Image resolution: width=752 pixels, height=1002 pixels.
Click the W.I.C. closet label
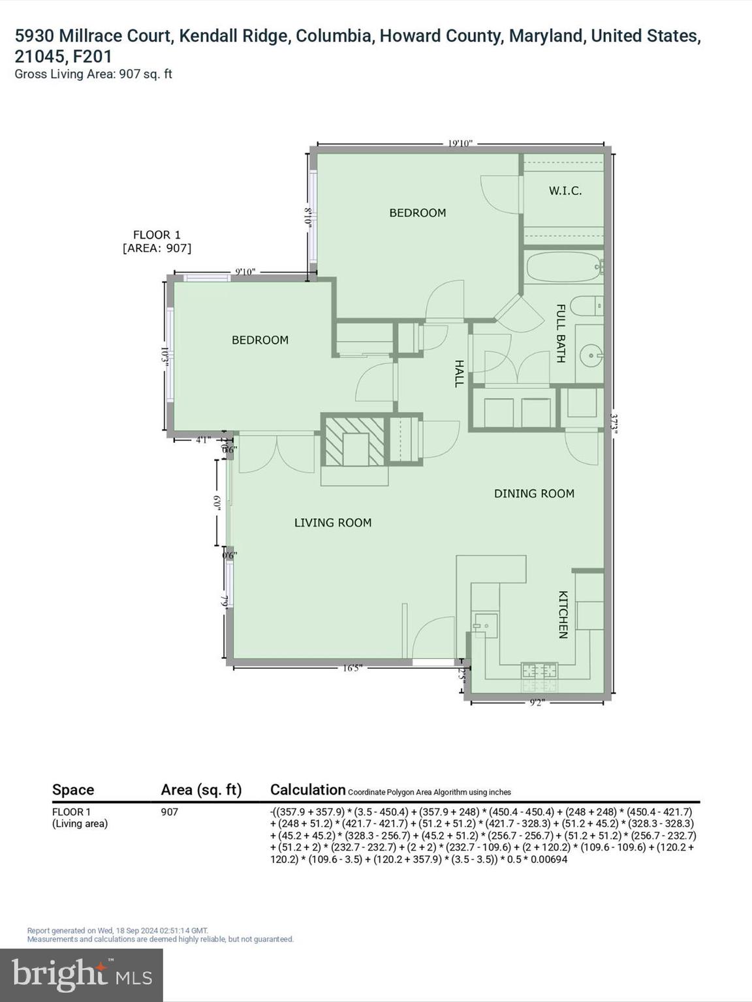[565, 191]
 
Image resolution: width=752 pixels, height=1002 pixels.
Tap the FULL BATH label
[561, 333]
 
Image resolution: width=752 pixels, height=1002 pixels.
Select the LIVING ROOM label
[332, 523]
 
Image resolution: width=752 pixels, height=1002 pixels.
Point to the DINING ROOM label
[534, 494]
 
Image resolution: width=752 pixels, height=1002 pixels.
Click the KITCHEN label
[563, 615]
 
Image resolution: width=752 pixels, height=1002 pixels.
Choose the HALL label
[459, 373]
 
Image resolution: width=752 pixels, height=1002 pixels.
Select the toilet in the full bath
[586, 305]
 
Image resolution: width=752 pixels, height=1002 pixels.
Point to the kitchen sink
[485, 625]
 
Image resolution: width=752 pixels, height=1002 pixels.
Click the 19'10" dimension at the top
[460, 144]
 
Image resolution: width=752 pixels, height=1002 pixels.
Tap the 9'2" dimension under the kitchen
[537, 703]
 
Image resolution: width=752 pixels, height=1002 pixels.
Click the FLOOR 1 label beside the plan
[157, 235]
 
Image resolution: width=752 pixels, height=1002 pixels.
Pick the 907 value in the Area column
[169, 812]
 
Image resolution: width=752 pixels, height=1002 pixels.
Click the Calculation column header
[307, 789]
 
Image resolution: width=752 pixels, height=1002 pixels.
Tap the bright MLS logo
[82, 975]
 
